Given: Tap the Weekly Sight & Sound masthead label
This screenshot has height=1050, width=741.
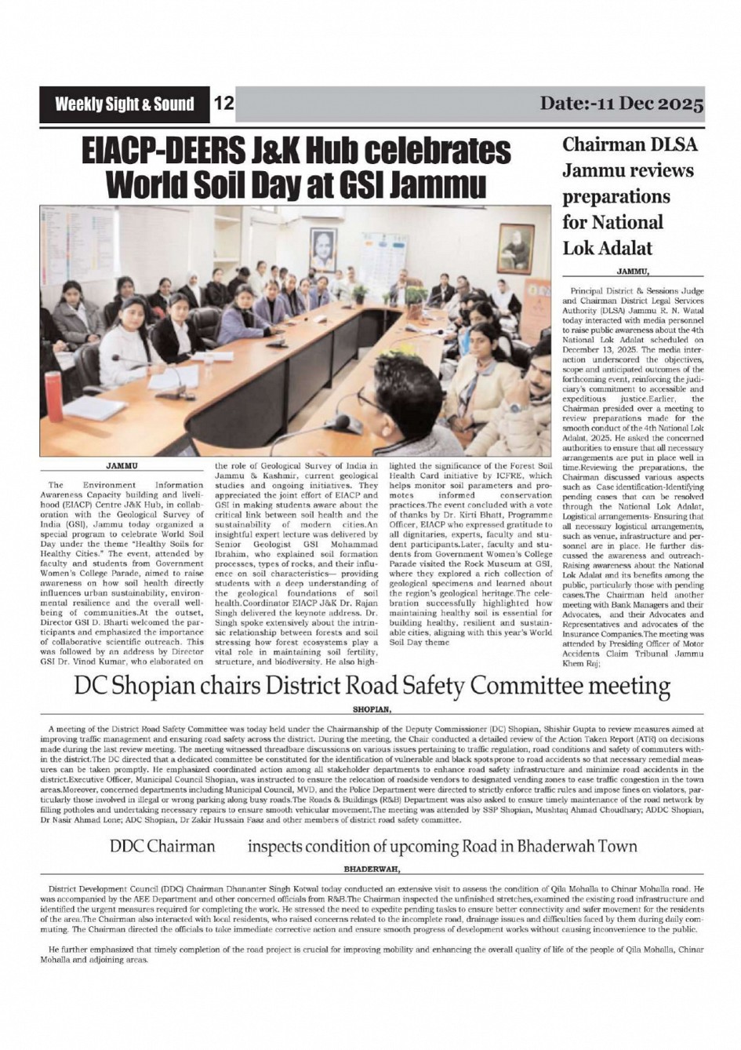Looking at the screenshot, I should coord(124,104).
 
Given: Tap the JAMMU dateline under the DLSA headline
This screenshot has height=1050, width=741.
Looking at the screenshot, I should coord(634,272).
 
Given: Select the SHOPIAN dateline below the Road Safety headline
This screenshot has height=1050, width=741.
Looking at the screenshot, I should coord(372,708).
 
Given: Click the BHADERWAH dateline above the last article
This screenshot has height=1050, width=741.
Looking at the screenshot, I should coord(372,869).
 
